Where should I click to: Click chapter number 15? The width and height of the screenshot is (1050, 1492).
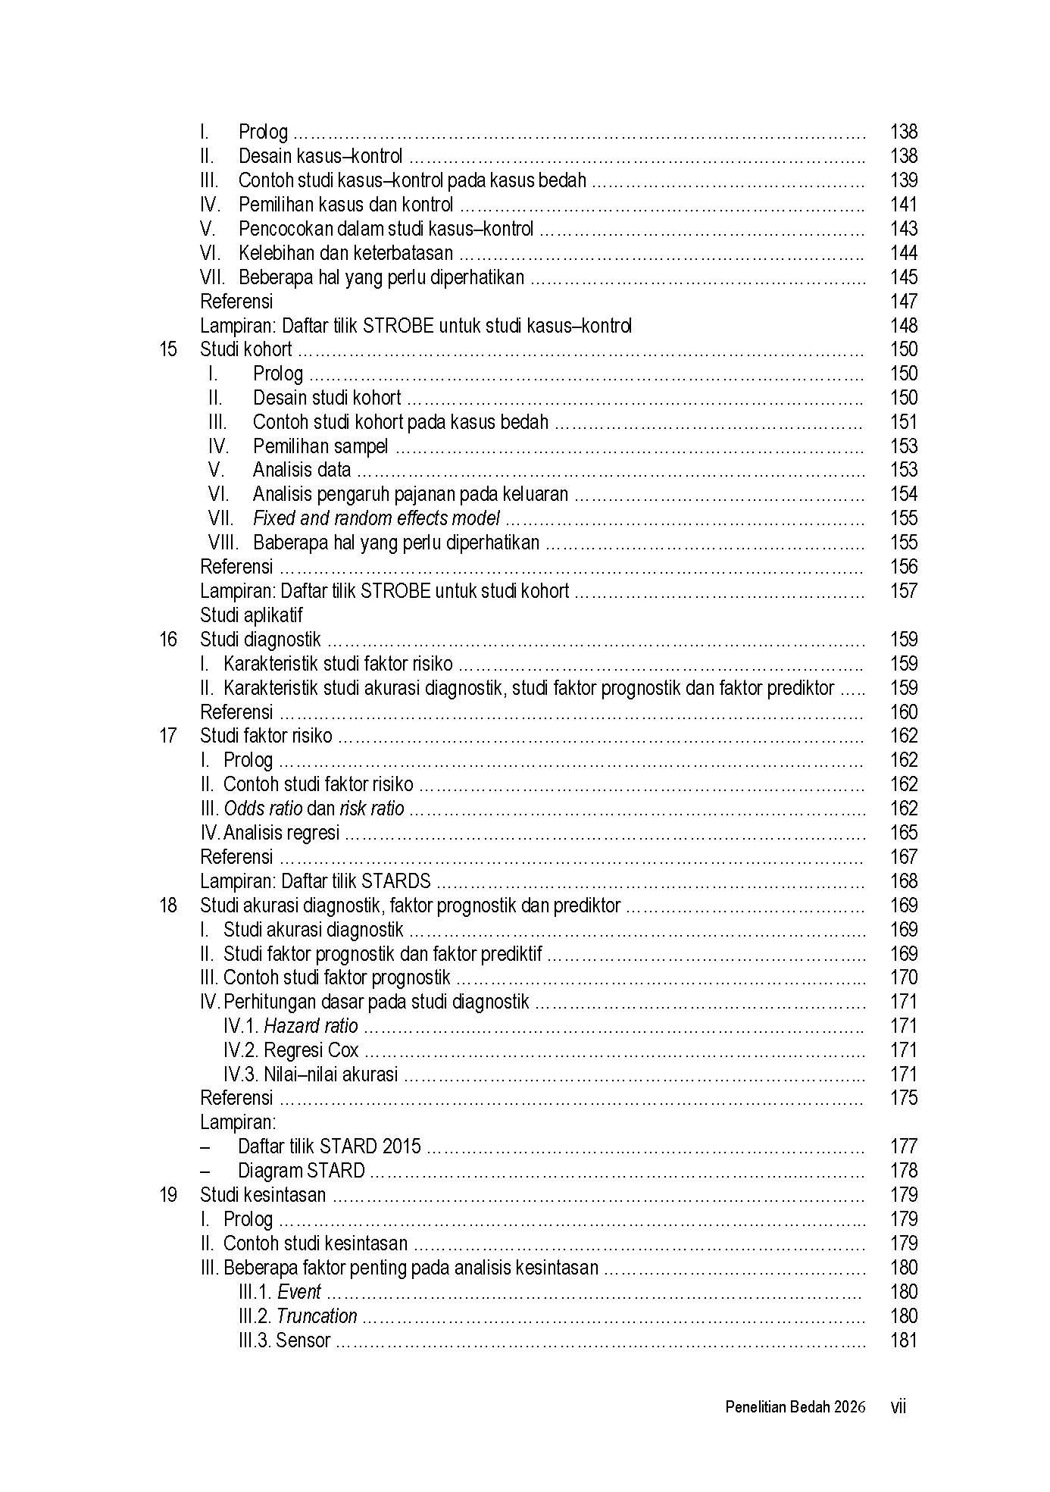(167, 350)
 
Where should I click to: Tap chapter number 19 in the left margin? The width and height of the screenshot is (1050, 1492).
(167, 1195)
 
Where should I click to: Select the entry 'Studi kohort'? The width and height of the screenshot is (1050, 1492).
(245, 350)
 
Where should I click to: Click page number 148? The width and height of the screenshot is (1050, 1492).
(903, 326)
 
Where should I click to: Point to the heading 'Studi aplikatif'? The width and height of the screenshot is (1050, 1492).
(251, 615)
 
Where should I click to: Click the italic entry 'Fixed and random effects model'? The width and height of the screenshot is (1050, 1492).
(376, 519)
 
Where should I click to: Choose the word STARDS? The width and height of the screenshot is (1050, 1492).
(396, 881)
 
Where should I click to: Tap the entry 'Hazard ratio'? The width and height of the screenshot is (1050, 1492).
(311, 1026)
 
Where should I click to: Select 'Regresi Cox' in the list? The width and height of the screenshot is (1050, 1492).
(311, 1050)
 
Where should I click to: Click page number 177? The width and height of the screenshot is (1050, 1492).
(903, 1146)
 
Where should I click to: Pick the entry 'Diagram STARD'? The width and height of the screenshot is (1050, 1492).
(301, 1171)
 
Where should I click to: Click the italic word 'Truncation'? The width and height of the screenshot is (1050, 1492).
(316, 1316)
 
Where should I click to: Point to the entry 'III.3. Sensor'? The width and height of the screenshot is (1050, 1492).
(284, 1340)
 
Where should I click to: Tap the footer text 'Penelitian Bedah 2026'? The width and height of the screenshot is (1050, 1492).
(795, 1407)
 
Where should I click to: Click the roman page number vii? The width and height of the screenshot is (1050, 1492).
(898, 1407)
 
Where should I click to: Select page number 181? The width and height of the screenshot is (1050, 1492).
(903, 1340)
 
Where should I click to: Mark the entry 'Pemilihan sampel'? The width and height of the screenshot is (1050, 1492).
(320, 446)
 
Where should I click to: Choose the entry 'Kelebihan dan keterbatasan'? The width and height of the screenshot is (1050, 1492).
(345, 253)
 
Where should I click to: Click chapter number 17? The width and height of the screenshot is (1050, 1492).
(167, 736)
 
